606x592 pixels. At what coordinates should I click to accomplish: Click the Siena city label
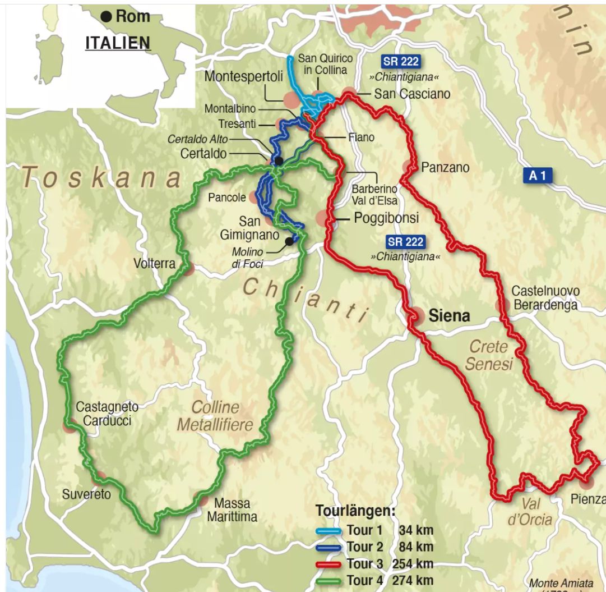(448, 316)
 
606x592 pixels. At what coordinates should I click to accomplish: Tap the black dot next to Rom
(106, 17)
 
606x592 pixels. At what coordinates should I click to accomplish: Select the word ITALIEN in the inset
(118, 43)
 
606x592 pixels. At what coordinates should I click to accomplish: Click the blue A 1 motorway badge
(537, 176)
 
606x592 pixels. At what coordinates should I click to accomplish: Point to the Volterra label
(154, 263)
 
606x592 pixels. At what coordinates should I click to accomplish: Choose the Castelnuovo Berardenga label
(545, 298)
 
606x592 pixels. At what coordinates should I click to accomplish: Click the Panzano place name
(445, 167)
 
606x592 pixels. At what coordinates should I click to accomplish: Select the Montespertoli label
(243, 77)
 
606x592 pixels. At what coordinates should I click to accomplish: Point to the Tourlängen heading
(355, 511)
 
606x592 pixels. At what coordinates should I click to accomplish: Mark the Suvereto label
(86, 494)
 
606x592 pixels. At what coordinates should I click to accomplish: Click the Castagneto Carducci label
(107, 413)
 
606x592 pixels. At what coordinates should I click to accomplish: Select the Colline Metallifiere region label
(215, 416)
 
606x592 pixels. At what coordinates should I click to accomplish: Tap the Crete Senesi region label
(489, 355)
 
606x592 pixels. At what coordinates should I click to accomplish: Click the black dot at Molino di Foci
(289, 241)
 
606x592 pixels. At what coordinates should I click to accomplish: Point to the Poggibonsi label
(386, 218)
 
